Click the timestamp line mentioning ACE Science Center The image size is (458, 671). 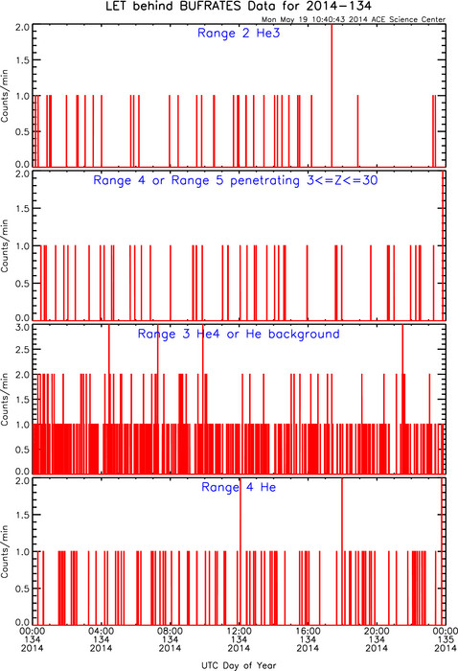click(354, 19)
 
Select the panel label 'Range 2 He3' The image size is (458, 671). click(239, 33)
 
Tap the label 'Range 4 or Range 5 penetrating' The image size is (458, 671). click(196, 180)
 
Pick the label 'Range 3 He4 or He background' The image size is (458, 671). click(239, 334)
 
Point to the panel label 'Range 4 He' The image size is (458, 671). click(239, 487)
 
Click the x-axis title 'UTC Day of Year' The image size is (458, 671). click(239, 665)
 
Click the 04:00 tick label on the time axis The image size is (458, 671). click(102, 631)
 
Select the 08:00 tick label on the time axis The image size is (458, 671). click(171, 631)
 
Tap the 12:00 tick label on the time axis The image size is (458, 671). click(239, 631)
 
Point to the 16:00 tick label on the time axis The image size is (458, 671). click(308, 631)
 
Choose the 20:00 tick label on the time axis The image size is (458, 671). click(377, 631)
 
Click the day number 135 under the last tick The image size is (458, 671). click(446, 639)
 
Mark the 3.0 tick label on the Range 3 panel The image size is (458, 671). click(23, 328)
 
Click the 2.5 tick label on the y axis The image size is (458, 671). click(23, 349)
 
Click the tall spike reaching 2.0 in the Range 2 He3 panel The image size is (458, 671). click(332, 95)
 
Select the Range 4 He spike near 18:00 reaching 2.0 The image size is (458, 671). click(342, 551)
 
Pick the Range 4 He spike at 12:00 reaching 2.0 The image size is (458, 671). click(240, 551)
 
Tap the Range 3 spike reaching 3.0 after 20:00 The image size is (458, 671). click(402, 399)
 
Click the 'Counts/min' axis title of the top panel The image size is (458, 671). click(5, 96)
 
